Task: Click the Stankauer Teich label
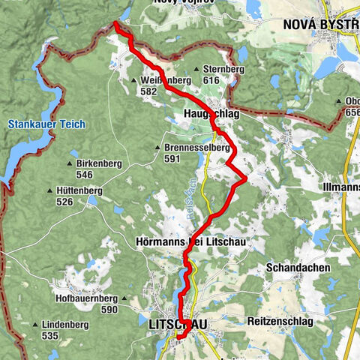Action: coord(46,124)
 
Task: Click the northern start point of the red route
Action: coord(115,23)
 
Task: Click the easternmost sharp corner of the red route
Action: coord(246,178)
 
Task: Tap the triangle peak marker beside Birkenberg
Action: coord(70,163)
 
